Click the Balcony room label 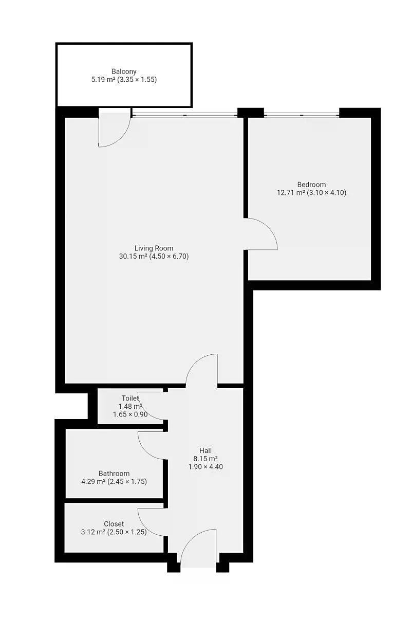coord(124,71)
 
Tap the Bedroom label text coord(311,184)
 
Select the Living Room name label coord(154,248)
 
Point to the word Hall coord(206,450)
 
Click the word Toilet coord(130,398)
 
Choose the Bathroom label coord(114,473)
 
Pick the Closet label coord(114,523)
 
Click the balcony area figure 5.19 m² coord(103,80)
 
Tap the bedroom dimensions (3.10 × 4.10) coord(326,192)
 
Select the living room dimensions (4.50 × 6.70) coord(169,257)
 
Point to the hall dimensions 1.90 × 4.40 coord(206,467)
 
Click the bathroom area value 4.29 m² coord(94,481)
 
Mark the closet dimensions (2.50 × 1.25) coord(126,532)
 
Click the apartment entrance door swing coord(191,537)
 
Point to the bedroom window coord(302,115)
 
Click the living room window coord(184,115)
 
